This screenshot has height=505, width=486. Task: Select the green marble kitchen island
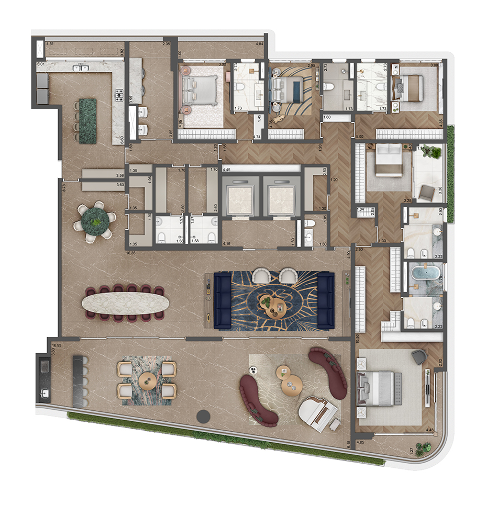[85, 121]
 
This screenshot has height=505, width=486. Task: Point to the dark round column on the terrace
[203, 417]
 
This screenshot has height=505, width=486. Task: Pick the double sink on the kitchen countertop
[81, 68]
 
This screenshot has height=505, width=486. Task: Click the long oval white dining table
[126, 303]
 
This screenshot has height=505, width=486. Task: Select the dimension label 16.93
[57, 345]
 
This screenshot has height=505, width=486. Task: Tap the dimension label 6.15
[349, 445]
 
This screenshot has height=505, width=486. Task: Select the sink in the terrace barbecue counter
[43, 392]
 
